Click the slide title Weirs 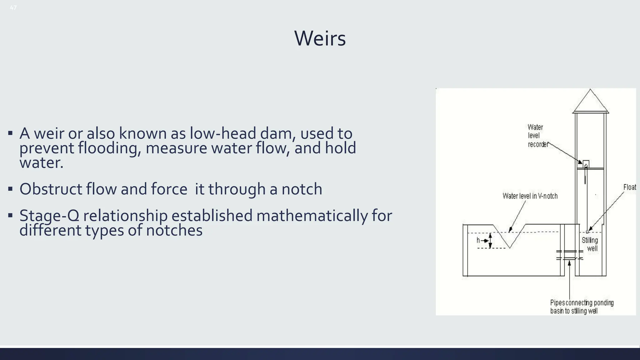tap(320, 38)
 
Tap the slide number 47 tap(13, 8)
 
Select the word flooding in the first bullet tap(108, 148)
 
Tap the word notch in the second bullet tap(302, 189)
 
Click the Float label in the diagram tap(629, 187)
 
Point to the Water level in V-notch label tap(530, 196)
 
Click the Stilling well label tap(590, 244)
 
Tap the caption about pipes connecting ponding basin tap(582, 307)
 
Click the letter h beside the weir tap(478, 240)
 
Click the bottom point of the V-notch tap(510, 248)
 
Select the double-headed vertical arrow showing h tap(490, 241)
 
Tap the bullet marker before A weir tap(11, 133)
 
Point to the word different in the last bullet tap(50, 231)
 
